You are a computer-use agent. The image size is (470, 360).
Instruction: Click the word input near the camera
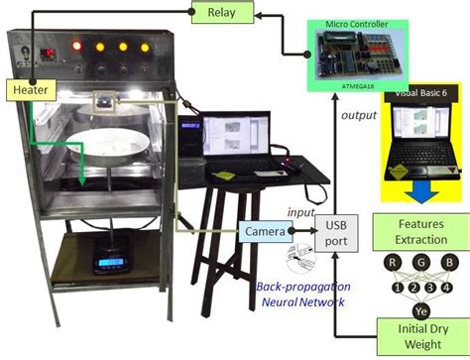coord(300,212)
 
